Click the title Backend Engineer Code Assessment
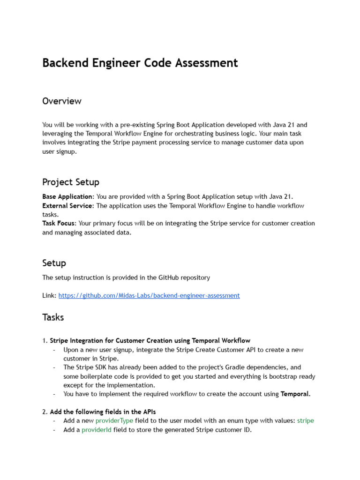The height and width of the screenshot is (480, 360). (140, 63)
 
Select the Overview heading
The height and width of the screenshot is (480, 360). (61, 101)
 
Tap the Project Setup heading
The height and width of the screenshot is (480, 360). (70, 182)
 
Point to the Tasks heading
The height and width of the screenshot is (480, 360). (53, 317)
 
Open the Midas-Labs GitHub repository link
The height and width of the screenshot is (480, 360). (149, 296)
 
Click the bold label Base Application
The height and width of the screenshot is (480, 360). (67, 197)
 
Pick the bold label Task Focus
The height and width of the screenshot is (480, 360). (59, 224)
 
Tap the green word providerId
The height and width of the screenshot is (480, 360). (97, 430)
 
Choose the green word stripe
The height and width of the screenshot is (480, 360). (305, 421)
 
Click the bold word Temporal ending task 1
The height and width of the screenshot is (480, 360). (295, 394)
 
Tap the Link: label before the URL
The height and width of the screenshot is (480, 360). (49, 296)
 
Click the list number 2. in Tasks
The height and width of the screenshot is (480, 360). (45, 412)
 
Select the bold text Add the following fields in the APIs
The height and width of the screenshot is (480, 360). (103, 412)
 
